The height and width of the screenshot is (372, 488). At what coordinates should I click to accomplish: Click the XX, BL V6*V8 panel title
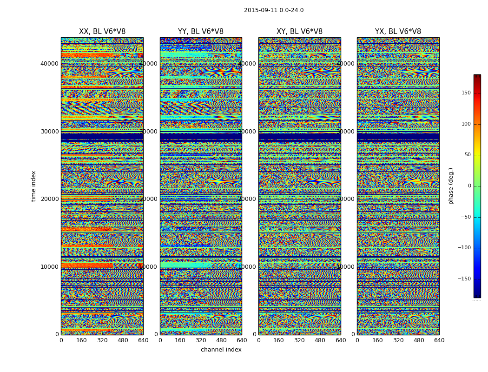tap(102, 32)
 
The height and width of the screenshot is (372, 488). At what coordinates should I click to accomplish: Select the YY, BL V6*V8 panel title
tap(201, 32)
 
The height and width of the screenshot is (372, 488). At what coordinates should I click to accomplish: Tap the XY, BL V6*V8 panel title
tap(299, 32)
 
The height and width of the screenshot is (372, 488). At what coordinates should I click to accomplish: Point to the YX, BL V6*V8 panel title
tap(398, 32)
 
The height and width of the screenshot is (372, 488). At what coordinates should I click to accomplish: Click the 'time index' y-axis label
tap(33, 186)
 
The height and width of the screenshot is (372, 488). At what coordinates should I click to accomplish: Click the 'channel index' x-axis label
tap(221, 350)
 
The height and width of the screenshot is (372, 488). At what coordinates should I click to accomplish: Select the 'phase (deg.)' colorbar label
tap(451, 186)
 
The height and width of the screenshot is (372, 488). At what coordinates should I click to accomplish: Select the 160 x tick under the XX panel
tap(81, 340)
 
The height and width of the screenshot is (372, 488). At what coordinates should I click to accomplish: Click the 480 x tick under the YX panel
tap(419, 340)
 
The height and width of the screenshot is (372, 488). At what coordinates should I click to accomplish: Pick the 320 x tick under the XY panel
tap(299, 340)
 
